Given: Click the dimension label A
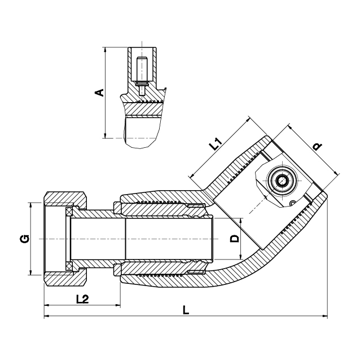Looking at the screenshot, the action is pos(99,93).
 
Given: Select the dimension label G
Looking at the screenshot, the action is pos(24,239).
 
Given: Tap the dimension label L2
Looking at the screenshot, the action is pos(82,299).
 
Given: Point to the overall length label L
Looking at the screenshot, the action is pos(186,310).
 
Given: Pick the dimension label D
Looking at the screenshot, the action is pos(234,239).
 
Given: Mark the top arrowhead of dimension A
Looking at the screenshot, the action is pos(105,50).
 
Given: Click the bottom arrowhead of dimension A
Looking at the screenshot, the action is pos(105,135).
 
